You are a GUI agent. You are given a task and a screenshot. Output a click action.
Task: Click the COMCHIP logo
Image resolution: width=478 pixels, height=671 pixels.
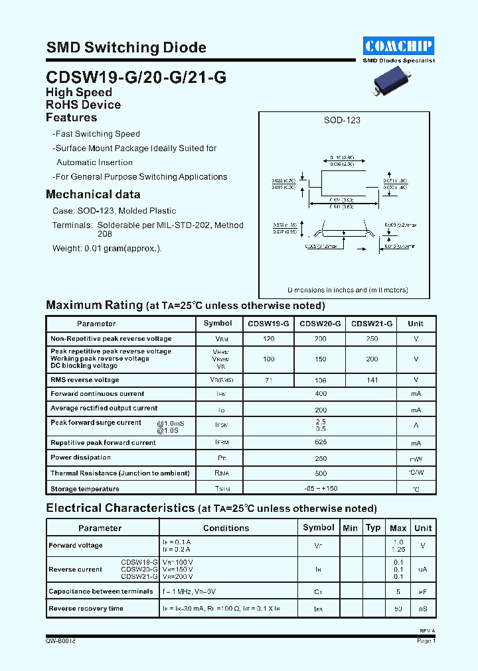coord(398,45)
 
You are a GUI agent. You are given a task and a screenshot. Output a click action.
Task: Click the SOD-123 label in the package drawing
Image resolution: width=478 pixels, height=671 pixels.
coord(342,120)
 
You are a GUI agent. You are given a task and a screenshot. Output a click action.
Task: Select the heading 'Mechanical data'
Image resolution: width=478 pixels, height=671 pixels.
coord(93,194)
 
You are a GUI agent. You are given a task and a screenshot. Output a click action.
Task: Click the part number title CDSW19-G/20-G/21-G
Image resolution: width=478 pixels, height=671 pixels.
coord(136,77)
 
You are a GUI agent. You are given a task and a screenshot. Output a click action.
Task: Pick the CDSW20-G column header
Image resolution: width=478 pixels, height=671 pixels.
coord(320,324)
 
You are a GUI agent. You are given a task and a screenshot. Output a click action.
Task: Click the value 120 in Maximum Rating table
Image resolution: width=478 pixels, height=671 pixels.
coord(268,339)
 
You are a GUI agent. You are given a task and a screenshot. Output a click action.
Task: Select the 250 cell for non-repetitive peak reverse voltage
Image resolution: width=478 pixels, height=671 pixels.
coord(372,339)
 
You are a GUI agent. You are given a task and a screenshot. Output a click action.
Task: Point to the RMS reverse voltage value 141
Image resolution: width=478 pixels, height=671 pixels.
coord(372,380)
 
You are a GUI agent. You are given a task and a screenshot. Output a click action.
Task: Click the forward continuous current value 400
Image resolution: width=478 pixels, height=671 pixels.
coord(320,394)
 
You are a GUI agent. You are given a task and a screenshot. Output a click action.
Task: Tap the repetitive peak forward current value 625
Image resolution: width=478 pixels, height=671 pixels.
coord(320,443)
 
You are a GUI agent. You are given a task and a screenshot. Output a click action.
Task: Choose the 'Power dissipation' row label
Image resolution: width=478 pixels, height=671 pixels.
coord(80,457)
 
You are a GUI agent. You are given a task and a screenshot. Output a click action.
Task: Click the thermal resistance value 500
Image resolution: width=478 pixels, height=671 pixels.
coord(320,473)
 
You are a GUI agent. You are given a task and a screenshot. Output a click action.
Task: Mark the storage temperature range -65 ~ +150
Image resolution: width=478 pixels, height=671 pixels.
coord(320,489)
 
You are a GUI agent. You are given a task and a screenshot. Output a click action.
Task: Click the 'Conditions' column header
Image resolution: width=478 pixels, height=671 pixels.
coord(226,528)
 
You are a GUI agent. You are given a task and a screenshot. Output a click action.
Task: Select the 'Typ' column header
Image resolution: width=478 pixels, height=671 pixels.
coord(373,528)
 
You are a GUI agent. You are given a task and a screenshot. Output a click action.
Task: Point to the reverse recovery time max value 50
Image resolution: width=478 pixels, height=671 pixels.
coord(398,609)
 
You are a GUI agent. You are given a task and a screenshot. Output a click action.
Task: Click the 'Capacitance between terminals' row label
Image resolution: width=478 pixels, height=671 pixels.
coord(100,591)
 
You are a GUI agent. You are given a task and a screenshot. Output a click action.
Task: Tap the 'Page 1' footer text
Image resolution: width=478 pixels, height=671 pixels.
coord(425,641)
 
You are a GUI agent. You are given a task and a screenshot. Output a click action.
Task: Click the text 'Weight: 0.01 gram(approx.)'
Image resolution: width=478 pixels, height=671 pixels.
coord(107,248)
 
